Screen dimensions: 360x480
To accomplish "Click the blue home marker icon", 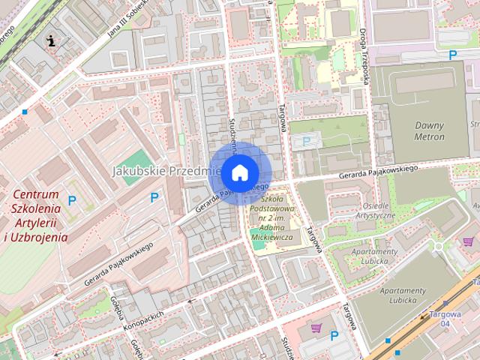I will coord(239,172).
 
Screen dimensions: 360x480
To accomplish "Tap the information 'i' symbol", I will coord(50,40).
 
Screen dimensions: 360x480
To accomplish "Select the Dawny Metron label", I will coord(429,131).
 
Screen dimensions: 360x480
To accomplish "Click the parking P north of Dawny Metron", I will coord(452,55).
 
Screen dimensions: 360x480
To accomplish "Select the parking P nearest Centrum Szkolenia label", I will coord(72,200).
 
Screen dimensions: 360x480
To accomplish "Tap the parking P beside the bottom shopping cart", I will coord(334,336).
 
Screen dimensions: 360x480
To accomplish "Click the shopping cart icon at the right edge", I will coord(468,241).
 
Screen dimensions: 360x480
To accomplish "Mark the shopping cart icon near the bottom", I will coord(316,328).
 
